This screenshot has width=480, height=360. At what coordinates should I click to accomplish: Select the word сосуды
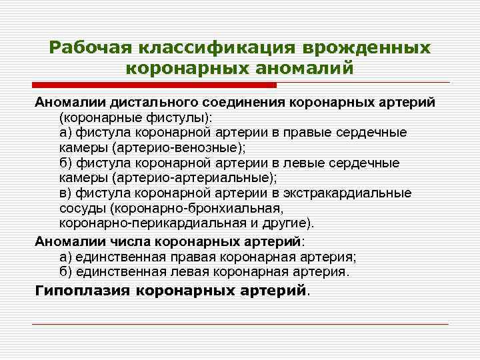click(x=82, y=209)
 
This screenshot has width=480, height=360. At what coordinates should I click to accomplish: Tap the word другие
click(x=285, y=223)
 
